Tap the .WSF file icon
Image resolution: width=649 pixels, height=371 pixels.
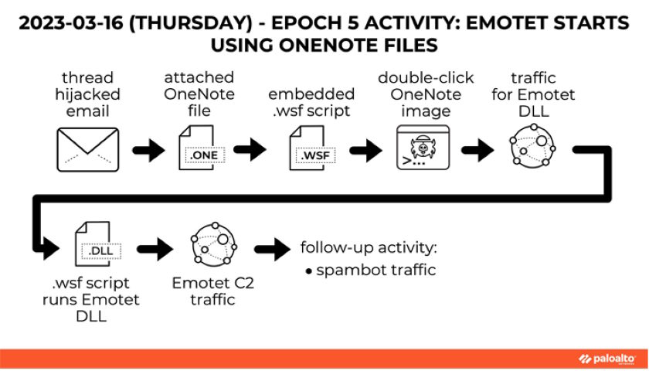click(x=311, y=149)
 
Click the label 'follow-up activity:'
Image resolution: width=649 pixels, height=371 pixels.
click(x=368, y=248)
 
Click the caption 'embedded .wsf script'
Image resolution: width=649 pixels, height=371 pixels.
click(x=311, y=101)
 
